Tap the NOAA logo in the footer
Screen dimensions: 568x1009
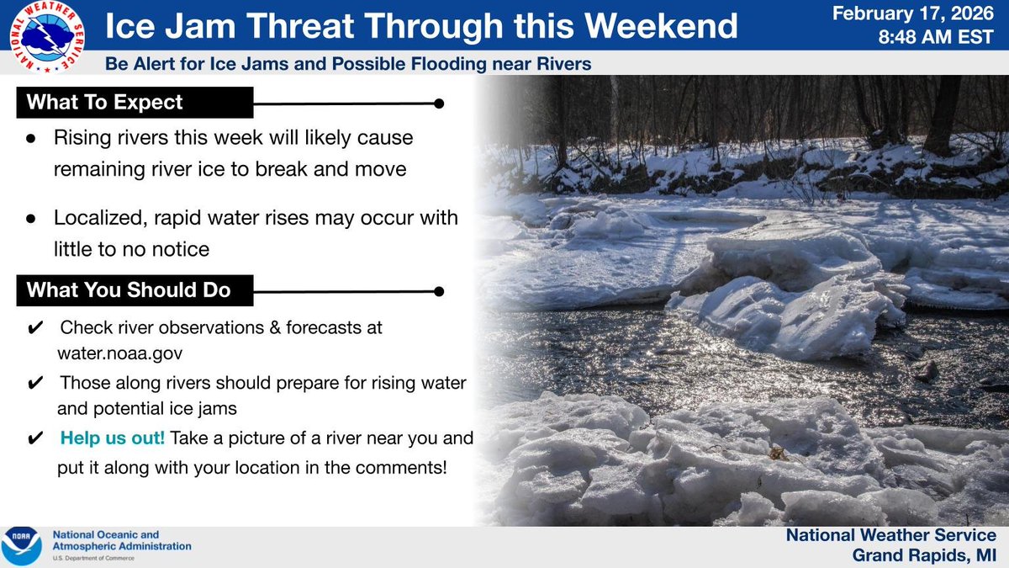coord(22,546)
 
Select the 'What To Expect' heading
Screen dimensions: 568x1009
coord(104,103)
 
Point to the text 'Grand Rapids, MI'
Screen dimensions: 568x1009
coord(923,555)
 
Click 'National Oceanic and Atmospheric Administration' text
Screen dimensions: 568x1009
coord(122,540)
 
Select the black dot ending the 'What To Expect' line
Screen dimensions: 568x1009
coord(438,104)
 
